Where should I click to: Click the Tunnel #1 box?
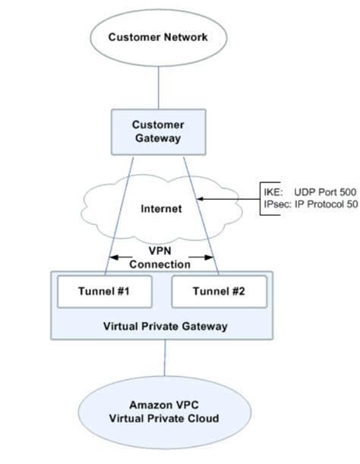pos(106,290)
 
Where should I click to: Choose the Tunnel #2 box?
pos(217,290)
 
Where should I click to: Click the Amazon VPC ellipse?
pos(164,413)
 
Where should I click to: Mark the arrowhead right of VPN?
pos(212,258)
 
